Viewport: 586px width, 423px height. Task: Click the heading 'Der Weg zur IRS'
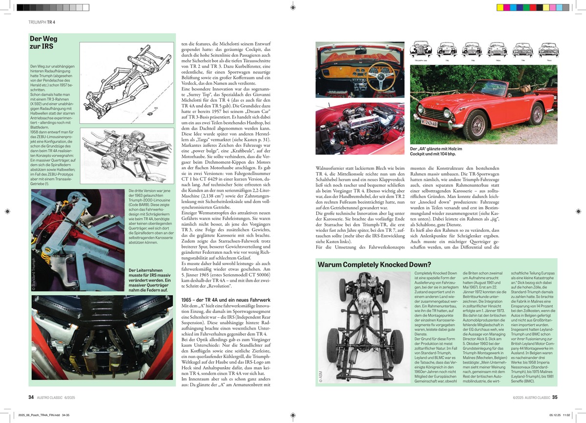point(42,43)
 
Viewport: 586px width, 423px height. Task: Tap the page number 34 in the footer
point(31,397)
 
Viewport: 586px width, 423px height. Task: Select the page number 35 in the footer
point(554,397)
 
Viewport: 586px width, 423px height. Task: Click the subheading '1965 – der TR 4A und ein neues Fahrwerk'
point(226,299)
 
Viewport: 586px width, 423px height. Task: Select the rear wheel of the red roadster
point(537,113)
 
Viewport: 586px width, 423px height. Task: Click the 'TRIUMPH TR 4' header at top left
point(41,22)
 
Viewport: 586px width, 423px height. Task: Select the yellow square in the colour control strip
point(500,7)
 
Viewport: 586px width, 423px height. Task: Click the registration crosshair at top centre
point(293,7)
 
